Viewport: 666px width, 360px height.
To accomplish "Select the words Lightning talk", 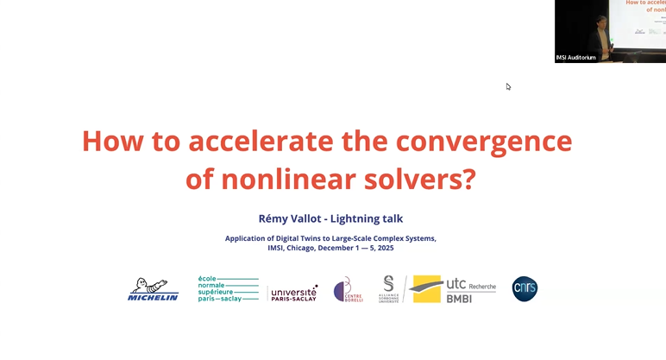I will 368,219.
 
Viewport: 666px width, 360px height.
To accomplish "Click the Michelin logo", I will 153,289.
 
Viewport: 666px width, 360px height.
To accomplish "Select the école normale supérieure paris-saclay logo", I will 228,289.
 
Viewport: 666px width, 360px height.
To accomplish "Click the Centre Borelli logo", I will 348,290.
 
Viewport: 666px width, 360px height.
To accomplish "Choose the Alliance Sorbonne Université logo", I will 388,289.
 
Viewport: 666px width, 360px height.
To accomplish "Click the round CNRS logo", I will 525,288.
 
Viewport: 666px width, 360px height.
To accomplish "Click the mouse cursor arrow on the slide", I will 508,86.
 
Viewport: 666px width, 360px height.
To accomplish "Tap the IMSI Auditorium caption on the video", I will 576,58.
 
